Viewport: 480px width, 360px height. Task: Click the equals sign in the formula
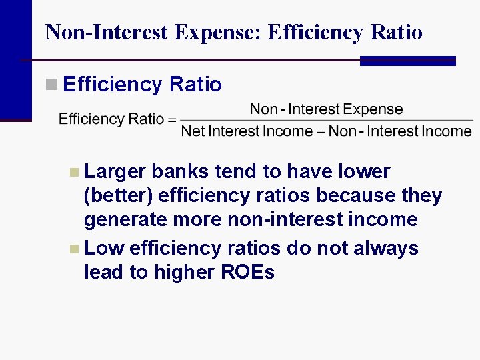point(171,120)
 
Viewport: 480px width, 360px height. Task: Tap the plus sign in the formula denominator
point(321,131)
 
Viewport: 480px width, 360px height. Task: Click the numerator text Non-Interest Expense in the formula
point(326,109)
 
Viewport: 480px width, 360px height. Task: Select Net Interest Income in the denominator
point(246,131)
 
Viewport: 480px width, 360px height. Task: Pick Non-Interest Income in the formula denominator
point(400,131)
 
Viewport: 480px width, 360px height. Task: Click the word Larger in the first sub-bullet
point(115,171)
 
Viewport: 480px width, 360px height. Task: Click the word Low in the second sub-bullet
point(105,248)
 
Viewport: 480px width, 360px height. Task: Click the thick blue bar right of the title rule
point(407,61)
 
